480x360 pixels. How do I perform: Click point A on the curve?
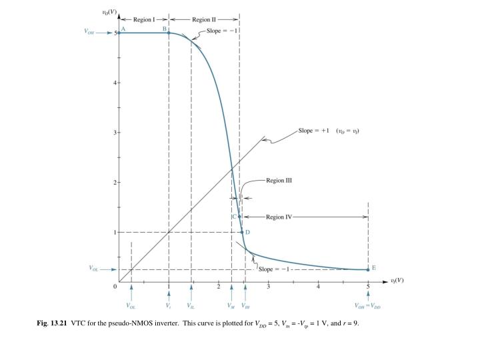click(x=119, y=33)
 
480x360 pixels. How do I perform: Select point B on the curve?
click(x=169, y=33)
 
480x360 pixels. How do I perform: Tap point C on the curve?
click(x=239, y=217)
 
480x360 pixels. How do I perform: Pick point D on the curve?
click(x=242, y=232)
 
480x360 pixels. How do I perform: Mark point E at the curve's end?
click(x=368, y=269)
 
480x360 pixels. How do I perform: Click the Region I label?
click(x=144, y=19)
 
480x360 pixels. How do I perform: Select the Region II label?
click(x=203, y=19)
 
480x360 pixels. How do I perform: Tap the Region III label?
click(x=279, y=180)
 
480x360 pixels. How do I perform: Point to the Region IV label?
click(x=279, y=217)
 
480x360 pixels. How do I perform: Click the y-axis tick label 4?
click(x=114, y=83)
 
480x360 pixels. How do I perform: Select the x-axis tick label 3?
click(x=268, y=286)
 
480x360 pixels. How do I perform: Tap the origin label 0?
click(x=115, y=286)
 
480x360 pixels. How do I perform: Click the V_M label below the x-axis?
click(x=231, y=306)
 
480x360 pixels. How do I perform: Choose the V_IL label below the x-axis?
click(x=191, y=306)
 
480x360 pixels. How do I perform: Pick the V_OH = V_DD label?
click(x=368, y=306)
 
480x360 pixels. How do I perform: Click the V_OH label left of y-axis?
click(x=89, y=32)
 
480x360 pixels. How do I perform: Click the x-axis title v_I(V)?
click(x=397, y=280)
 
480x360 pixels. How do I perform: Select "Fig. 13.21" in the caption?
click(x=53, y=323)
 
